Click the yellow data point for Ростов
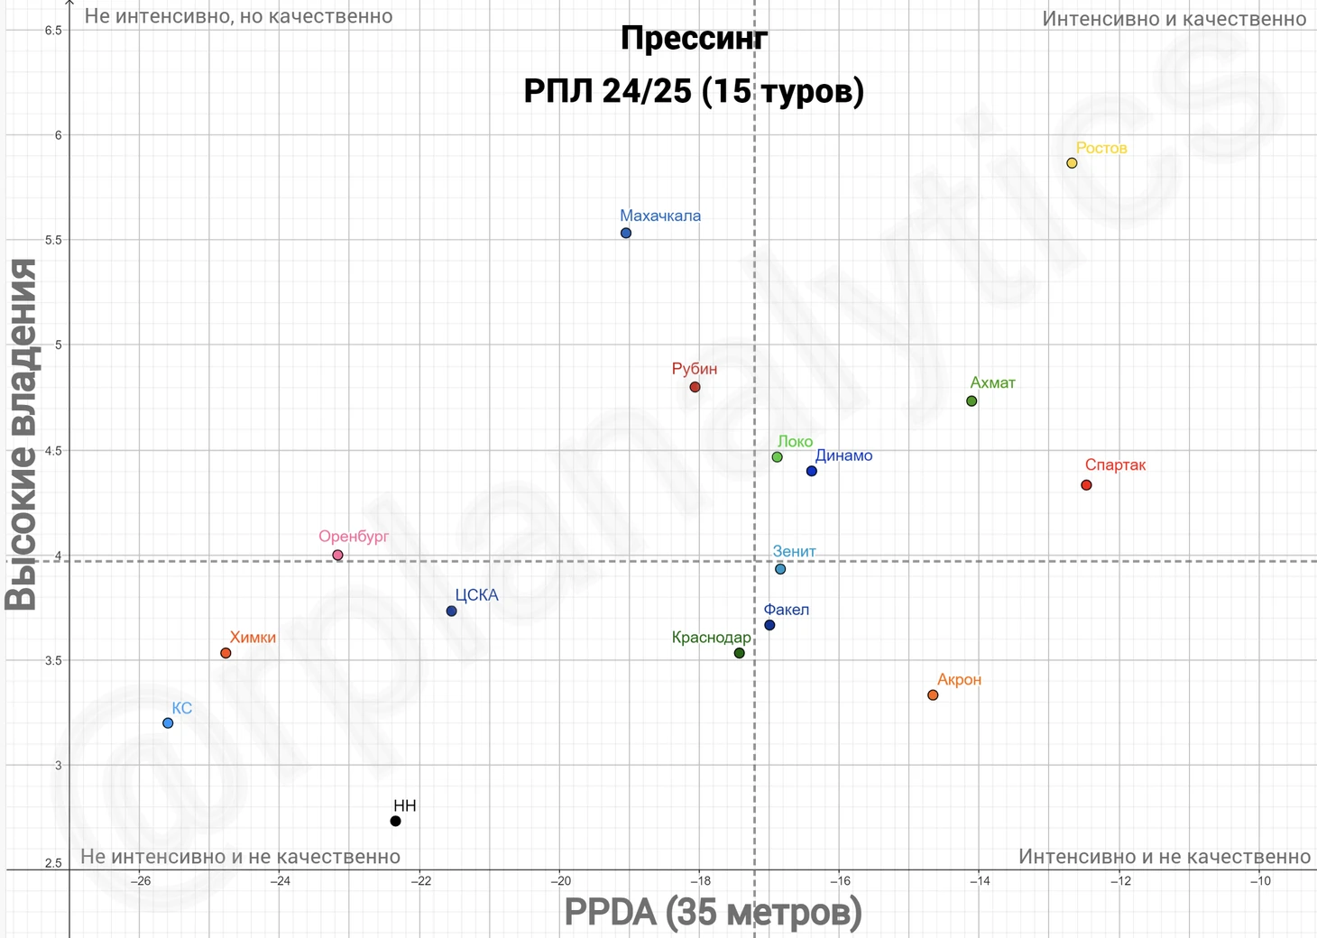[1072, 163]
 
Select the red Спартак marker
[1086, 485]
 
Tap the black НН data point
[395, 821]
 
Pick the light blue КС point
[168, 723]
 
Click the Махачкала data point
[626, 234]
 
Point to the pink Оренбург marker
[337, 556]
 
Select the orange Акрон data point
[933, 695]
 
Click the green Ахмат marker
[972, 401]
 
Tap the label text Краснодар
[711, 638]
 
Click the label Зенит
[794, 551]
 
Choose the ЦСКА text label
[476, 595]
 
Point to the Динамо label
[843, 455]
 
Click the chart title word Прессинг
[694, 39]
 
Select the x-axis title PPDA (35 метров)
[713, 912]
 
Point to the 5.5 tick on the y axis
[52, 241]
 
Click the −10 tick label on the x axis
[1259, 881]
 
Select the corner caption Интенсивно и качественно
[1174, 19]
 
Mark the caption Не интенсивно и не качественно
[240, 856]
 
